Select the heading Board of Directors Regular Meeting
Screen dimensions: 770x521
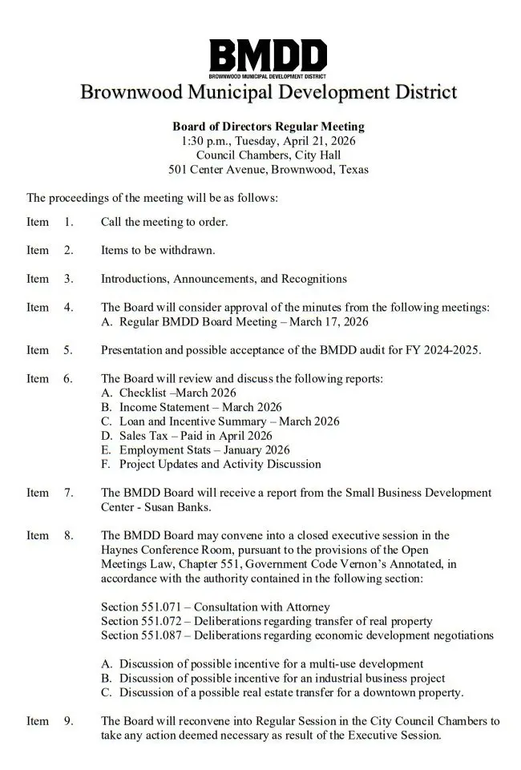coord(269,127)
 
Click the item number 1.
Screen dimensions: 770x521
coord(68,221)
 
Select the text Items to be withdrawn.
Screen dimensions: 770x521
coord(158,250)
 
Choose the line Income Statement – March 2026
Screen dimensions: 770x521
coord(200,407)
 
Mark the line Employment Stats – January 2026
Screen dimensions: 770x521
coord(204,450)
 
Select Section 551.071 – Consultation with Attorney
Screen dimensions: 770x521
coord(216,607)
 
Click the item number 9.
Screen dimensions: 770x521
coord(68,721)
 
